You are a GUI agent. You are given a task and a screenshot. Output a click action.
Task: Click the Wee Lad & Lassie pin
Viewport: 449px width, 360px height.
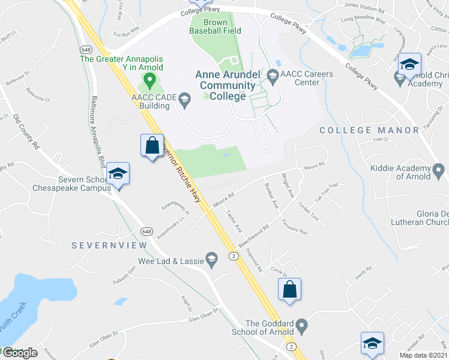(211, 259)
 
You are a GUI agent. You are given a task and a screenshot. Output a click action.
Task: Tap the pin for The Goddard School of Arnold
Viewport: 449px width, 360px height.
(302, 326)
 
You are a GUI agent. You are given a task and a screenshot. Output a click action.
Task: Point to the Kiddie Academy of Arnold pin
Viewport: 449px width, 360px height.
(441, 172)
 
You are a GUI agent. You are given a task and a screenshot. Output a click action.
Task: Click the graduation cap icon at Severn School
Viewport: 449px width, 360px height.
(118, 175)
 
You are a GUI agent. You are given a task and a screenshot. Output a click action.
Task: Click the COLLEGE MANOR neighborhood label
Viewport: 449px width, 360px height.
(369, 130)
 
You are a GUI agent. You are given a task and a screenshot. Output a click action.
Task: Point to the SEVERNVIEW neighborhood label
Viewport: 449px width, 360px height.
(109, 246)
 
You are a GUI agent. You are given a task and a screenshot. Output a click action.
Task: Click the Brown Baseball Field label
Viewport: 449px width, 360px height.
(215, 26)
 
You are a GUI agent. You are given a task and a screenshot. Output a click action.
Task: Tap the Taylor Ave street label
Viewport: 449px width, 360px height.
(233, 221)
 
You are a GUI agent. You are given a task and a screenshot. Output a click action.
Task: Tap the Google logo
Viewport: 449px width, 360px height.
(20, 353)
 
